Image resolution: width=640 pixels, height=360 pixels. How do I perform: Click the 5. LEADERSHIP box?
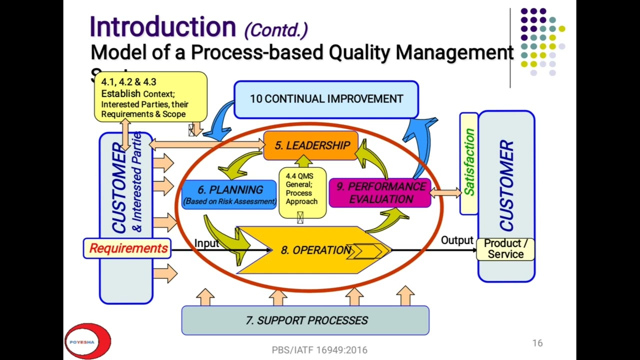coord(311,145)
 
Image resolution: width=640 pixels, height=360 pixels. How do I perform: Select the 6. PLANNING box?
coord(229,194)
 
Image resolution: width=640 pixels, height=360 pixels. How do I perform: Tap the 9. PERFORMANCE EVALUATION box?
coord(380,193)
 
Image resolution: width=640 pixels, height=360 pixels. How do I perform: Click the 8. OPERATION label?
coord(315,250)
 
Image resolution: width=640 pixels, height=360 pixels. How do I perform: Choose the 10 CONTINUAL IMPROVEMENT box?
coord(326,99)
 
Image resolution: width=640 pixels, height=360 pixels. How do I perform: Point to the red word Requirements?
coord(128,248)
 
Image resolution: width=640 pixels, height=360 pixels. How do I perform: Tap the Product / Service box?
coord(505,249)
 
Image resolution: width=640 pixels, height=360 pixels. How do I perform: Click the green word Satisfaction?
coord(469,162)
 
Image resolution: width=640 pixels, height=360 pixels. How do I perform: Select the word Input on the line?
coord(206,243)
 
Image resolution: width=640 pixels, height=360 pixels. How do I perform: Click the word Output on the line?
coord(456,240)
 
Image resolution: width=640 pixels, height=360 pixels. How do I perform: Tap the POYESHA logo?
coord(87,341)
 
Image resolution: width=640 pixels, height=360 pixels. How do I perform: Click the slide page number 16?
coord(537,343)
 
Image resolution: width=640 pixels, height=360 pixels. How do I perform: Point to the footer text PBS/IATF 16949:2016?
coord(319,350)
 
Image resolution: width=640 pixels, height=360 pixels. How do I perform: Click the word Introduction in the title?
coord(162,27)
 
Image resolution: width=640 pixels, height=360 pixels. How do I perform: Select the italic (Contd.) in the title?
coord(275,30)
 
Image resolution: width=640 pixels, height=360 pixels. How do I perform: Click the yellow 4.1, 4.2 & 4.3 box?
coord(150,97)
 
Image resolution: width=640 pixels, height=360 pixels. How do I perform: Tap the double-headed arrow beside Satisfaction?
coord(445,192)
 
